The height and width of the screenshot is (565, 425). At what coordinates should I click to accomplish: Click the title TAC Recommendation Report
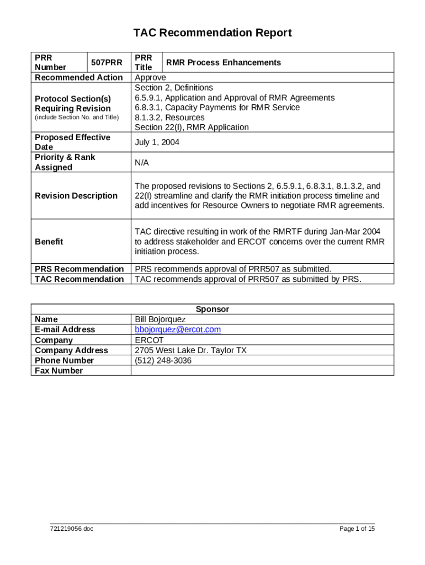point(212,33)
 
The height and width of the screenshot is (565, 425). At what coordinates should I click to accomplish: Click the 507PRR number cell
point(107,62)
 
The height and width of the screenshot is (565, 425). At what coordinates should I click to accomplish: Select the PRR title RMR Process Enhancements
point(224,62)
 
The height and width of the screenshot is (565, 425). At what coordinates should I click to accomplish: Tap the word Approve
point(150,78)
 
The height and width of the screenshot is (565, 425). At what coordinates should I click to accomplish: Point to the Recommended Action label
point(79,78)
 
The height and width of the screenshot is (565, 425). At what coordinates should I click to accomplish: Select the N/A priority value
point(142,163)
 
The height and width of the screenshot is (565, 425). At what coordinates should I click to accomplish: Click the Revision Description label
point(76,196)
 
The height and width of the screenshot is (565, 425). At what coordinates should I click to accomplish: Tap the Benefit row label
point(49,242)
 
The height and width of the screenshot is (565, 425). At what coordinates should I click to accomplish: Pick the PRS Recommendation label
point(79,269)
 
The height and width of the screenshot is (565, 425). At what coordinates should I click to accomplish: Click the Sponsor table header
point(212,310)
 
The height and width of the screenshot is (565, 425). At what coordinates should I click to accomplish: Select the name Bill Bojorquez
point(161,319)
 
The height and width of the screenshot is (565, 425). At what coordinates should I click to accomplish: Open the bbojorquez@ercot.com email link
point(178,329)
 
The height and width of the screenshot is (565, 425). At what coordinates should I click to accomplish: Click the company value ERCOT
point(149,340)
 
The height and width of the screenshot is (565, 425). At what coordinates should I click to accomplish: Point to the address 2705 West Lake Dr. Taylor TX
point(190,350)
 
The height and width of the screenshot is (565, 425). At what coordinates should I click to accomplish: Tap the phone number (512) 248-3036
point(163,360)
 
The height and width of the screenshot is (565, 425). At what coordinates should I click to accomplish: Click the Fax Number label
point(59,371)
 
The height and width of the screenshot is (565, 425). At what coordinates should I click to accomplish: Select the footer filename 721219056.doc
point(72,529)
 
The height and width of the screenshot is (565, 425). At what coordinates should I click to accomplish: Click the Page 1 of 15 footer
point(357,529)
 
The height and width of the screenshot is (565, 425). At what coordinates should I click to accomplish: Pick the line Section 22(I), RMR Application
point(192,127)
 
